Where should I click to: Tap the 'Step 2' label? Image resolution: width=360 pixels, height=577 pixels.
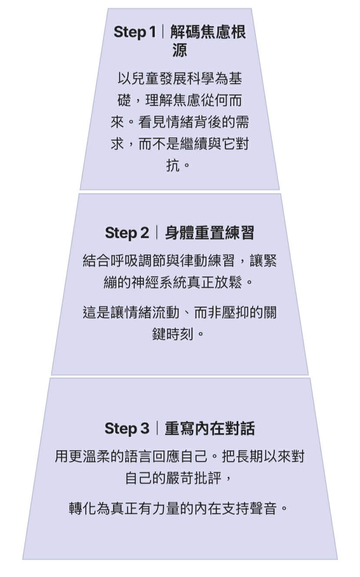(127, 233)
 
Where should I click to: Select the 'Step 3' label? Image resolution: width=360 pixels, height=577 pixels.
(127, 429)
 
